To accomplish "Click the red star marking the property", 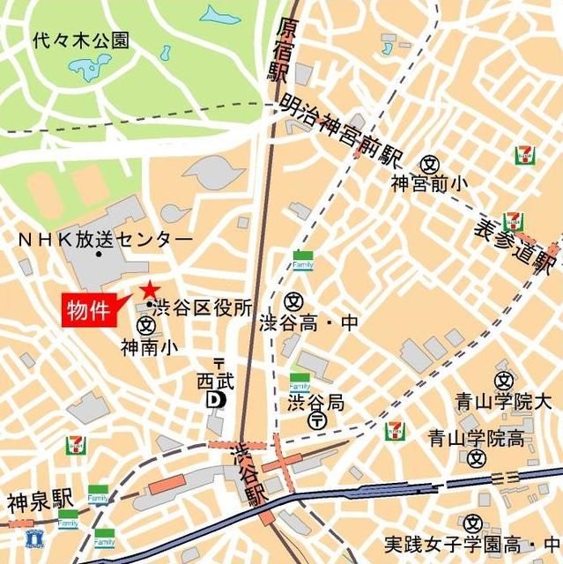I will [x=149, y=289].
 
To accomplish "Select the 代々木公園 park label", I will [x=80, y=40].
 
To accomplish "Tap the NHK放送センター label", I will [x=105, y=240].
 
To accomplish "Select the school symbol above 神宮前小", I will [x=430, y=163].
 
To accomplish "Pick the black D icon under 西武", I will [x=215, y=399].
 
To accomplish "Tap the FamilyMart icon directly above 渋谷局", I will [x=300, y=382].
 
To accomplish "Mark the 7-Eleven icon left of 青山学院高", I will [x=396, y=431].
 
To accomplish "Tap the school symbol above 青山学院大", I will [x=504, y=381].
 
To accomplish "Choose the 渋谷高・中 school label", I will [x=310, y=323].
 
